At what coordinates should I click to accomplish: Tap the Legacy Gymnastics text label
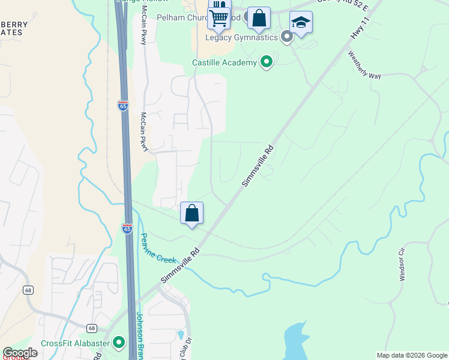click(241, 37)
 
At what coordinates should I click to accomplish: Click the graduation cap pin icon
click(301, 23)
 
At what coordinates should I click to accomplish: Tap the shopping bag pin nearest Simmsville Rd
click(191, 213)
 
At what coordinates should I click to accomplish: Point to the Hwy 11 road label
click(359, 28)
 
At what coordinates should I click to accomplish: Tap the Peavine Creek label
click(158, 250)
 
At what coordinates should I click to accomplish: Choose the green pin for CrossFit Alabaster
click(119, 343)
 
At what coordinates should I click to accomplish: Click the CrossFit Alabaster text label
click(75, 343)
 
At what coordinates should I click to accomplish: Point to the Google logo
click(20, 353)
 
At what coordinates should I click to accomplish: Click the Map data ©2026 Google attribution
click(411, 355)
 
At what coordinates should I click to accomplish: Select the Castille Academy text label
click(224, 62)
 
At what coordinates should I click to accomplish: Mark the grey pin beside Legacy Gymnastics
click(287, 37)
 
